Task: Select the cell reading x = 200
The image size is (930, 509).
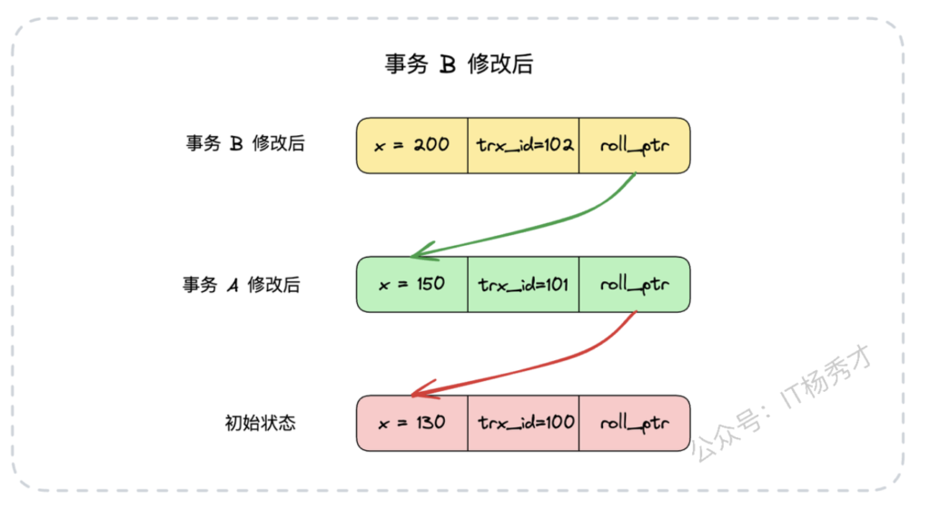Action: pyautogui.click(x=412, y=145)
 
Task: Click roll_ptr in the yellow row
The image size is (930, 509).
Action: pyautogui.click(x=634, y=145)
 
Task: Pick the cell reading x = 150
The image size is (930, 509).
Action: pyautogui.click(x=412, y=284)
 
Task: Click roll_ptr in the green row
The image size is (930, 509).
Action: pyautogui.click(x=634, y=284)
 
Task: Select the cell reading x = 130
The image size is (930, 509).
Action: pyautogui.click(x=412, y=423)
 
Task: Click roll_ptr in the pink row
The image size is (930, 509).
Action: pyautogui.click(x=634, y=423)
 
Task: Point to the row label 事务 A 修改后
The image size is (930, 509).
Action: pyautogui.click(x=241, y=284)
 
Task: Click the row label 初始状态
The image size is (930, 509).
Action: pyautogui.click(x=260, y=423)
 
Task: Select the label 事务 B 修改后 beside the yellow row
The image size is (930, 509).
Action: pyautogui.click(x=244, y=143)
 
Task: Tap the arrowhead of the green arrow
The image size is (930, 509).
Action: pyautogui.click(x=417, y=255)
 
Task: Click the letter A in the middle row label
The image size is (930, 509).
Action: pyautogui.click(x=232, y=285)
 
